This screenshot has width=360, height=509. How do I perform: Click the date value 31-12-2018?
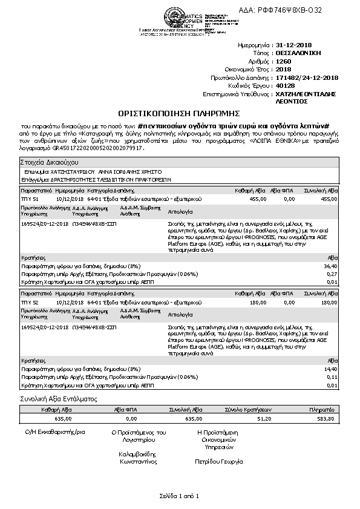click(x=293, y=45)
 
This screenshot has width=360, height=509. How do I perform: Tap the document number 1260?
click(x=282, y=62)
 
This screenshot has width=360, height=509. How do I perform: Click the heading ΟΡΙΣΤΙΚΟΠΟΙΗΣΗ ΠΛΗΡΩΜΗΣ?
click(x=180, y=113)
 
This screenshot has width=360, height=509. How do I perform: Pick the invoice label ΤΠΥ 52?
click(x=30, y=301)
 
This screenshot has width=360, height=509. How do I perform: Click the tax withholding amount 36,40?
click(x=331, y=266)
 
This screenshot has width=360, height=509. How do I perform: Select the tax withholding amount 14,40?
click(x=331, y=369)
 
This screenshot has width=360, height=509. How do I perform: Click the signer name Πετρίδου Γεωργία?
click(x=218, y=461)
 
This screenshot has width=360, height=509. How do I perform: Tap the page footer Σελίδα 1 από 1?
click(x=180, y=496)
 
